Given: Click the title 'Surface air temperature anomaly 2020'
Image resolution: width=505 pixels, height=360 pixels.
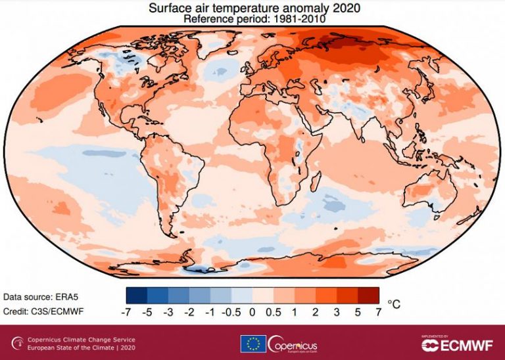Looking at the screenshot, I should pyautogui.click(x=252, y=8).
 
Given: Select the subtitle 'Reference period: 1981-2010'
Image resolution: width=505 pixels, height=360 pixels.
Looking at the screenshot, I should pyautogui.click(x=252, y=19).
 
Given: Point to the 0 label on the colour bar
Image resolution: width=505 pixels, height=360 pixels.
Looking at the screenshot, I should pyautogui.click(x=252, y=312).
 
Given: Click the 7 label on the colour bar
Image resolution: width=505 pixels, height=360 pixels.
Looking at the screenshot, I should pyautogui.click(x=378, y=312).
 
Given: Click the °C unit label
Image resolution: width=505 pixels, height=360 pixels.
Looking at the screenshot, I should pyautogui.click(x=394, y=304).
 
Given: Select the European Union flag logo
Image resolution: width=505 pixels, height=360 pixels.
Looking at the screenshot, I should pyautogui.click(x=252, y=343).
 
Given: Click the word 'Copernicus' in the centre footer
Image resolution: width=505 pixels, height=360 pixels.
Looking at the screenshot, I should pyautogui.click(x=294, y=342).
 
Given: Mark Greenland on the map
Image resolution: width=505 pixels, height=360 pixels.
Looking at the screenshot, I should pyautogui.click(x=217, y=47).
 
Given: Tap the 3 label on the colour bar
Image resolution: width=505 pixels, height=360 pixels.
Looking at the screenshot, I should pyautogui.click(x=336, y=312).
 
